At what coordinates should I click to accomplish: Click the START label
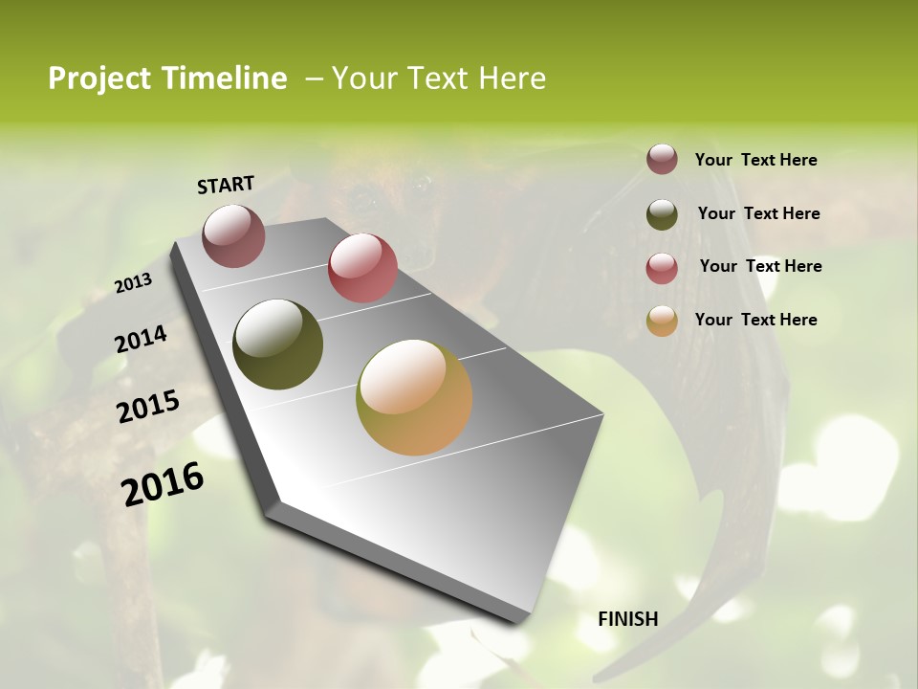click(x=226, y=185)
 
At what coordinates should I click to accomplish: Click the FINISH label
click(x=627, y=619)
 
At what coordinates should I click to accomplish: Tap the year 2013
click(x=134, y=282)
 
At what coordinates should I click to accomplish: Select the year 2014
click(x=141, y=339)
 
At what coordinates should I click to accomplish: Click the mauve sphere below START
click(x=233, y=235)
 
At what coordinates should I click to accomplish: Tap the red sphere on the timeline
click(x=362, y=268)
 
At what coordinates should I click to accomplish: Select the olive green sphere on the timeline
click(x=277, y=344)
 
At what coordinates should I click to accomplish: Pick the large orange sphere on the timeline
click(x=414, y=397)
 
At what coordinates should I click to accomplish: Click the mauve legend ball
click(x=662, y=160)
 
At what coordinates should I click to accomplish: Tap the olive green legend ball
click(x=662, y=214)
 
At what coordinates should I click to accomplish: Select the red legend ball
click(x=662, y=268)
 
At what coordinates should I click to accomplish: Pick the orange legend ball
click(x=662, y=322)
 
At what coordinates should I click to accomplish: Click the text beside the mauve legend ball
click(x=755, y=160)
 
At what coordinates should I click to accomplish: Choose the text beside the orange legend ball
click(x=755, y=320)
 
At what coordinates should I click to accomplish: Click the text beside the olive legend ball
click(x=758, y=213)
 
